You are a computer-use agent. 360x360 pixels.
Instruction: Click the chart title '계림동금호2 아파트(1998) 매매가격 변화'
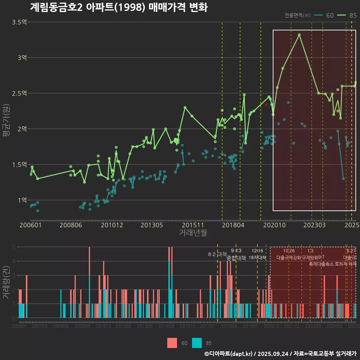[118, 7]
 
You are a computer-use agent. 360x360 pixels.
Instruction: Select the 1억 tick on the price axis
[22, 200]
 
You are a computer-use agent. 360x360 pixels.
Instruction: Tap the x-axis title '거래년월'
[193, 233]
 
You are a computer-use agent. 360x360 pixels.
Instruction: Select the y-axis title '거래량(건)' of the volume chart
[6, 282]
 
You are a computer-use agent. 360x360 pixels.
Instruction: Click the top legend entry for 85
[347, 15]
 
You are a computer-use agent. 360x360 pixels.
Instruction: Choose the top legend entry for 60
[324, 15]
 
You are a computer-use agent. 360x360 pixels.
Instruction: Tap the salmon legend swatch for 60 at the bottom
[172, 343]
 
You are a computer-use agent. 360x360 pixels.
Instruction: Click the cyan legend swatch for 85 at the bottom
[196, 343]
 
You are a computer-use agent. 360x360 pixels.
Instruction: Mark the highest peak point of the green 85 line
[299, 35]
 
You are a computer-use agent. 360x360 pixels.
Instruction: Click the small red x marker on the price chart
[266, 105]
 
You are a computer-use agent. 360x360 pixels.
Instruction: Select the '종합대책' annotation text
[236, 258]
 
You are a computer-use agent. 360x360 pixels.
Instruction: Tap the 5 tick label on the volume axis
[13, 247]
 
